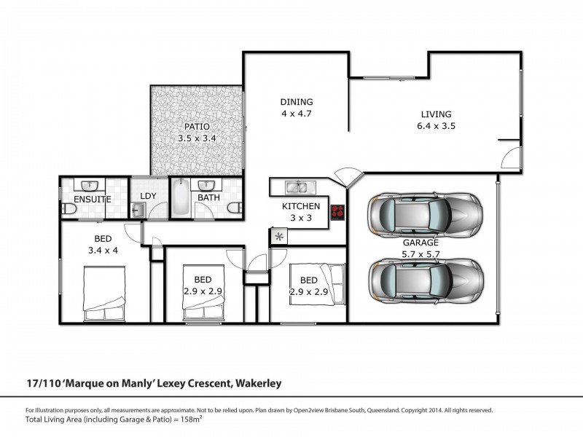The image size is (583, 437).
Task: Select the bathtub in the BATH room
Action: tap(179, 199)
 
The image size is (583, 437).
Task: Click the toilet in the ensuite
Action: tap(69, 210)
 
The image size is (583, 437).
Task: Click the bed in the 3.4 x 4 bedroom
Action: tap(106, 295)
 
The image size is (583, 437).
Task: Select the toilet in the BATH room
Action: tap(232, 208)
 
